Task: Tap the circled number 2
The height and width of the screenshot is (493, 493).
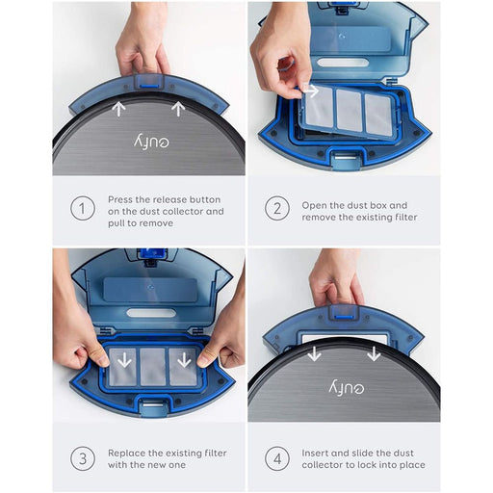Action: coord(277,209)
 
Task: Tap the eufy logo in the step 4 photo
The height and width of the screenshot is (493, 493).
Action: coord(344,386)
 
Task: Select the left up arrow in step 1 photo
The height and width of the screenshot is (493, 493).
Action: coord(119,109)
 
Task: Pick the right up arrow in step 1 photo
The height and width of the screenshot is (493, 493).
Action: coord(180,109)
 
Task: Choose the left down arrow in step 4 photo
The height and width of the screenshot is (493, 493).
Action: coord(314,354)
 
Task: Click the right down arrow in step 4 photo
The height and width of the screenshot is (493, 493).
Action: coord(374,354)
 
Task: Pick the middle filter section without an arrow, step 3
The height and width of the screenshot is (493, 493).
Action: coord(151,366)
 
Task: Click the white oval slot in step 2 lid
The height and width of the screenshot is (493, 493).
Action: coord(342,63)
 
